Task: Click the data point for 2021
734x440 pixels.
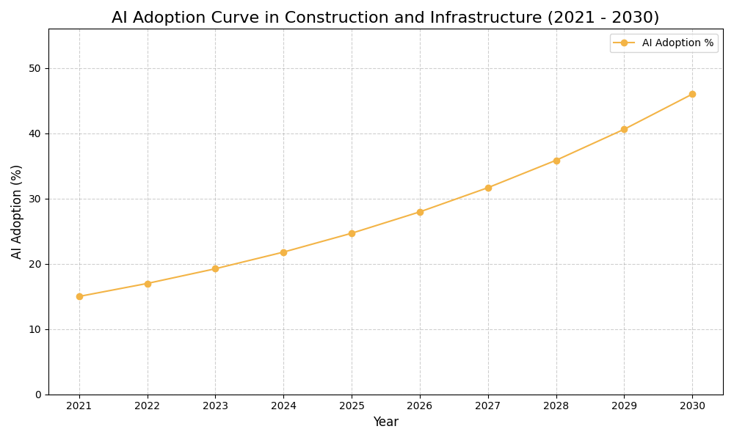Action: coord(79,296)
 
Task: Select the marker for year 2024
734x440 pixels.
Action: coord(283,252)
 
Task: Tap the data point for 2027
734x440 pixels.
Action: coord(488,188)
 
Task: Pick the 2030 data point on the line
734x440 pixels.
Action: coord(692,94)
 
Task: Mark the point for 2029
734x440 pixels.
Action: coord(624,129)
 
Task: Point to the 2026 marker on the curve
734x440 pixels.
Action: coord(420,212)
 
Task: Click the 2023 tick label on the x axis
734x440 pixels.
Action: coord(215,406)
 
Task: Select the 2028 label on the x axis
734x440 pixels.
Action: coord(556,406)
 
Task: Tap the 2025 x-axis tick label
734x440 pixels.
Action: coord(352,406)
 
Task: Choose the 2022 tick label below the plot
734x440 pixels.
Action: coord(148,406)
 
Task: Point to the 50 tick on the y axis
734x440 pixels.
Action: coord(34,68)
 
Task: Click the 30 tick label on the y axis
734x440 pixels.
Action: coord(34,199)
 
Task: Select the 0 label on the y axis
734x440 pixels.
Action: coord(38,395)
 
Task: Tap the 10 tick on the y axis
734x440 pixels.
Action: coord(34,329)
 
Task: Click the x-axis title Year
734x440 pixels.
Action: coord(385,422)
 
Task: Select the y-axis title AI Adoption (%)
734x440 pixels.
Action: coord(17,211)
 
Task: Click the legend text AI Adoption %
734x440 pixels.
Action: coord(677,43)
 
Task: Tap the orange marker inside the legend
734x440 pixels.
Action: coord(624,43)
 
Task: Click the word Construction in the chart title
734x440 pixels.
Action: coord(330,18)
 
